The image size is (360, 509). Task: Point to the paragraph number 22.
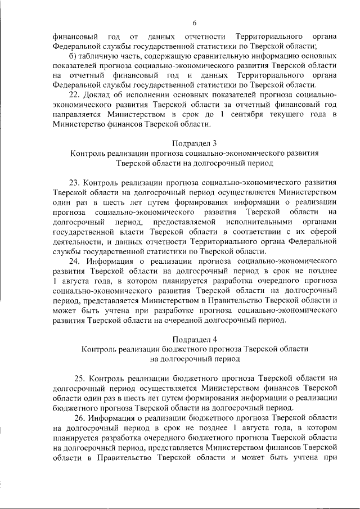[x=73, y=94]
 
